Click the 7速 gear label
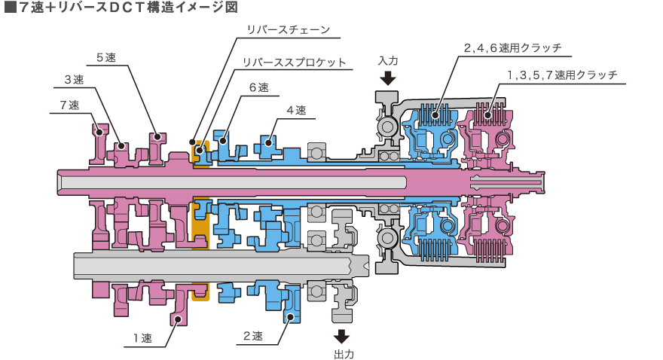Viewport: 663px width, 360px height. click(70, 105)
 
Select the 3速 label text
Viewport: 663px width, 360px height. click(74, 79)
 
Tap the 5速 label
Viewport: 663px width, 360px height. click(106, 57)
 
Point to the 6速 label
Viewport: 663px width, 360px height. click(258, 87)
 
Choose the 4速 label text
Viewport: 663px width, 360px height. click(296, 110)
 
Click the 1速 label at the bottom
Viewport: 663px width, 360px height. click(142, 338)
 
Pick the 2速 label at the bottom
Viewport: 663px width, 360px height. click(253, 336)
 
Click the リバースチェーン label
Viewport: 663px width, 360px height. click(289, 29)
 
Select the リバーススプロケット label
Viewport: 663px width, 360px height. click(295, 62)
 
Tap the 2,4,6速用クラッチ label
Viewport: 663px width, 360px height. click(513, 47)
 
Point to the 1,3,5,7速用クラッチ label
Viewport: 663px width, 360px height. click(562, 75)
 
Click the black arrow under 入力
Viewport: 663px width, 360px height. click(388, 78)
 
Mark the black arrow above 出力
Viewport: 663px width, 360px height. click(341, 337)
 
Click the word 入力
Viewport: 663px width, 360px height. click(388, 61)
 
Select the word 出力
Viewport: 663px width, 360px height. click(344, 354)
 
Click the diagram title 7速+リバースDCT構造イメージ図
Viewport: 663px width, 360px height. click(121, 8)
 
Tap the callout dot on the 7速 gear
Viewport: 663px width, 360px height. click(99, 133)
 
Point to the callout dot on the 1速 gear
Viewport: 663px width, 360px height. click(179, 319)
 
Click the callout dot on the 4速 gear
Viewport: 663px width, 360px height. click(268, 143)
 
